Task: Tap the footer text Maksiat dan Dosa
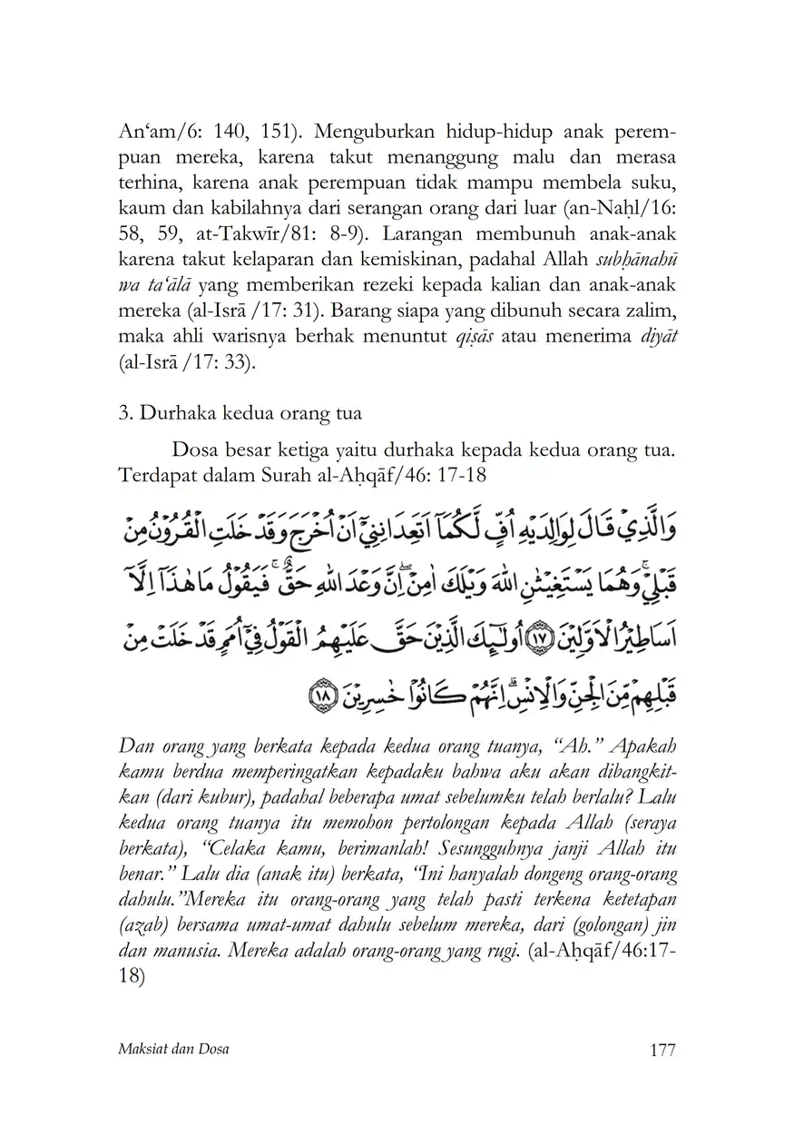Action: (173, 1050)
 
